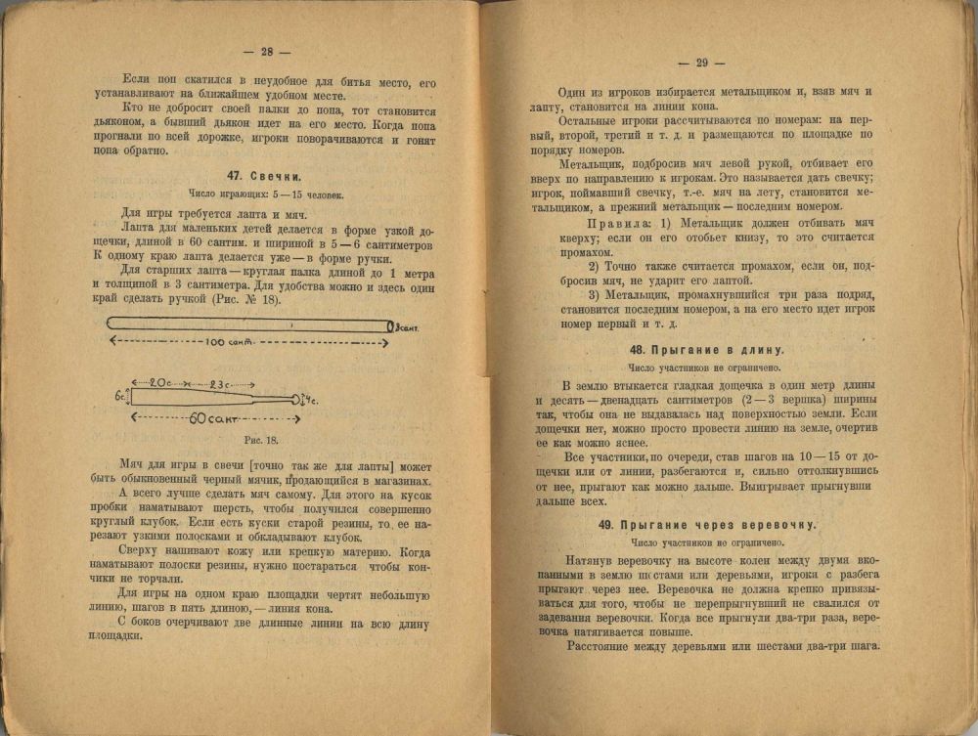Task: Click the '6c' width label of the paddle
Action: point(119,397)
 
